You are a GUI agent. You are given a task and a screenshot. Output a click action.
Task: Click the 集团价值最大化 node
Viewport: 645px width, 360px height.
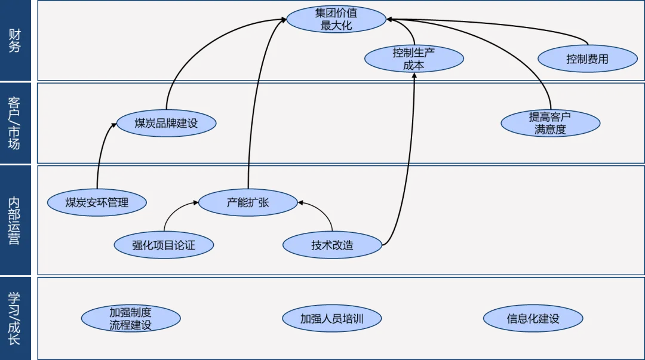[x=336, y=19]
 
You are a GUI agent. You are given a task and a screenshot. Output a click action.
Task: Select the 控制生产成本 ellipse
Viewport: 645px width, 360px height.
[x=414, y=59]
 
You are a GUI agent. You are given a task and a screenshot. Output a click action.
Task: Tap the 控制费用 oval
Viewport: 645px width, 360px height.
[x=587, y=59]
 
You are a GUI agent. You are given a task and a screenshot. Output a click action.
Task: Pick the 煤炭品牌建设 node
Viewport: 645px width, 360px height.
[x=166, y=124]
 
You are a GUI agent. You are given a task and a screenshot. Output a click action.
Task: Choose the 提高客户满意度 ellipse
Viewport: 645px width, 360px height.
[x=550, y=124]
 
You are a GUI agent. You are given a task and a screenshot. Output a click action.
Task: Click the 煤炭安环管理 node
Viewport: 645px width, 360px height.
[x=97, y=202]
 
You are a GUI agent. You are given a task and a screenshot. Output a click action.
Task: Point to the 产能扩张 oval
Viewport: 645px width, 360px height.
[x=248, y=202]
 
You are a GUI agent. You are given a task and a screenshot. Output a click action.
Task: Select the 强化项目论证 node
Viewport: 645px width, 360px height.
[x=164, y=244]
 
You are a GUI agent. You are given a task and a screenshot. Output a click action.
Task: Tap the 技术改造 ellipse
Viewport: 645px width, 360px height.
[x=332, y=245]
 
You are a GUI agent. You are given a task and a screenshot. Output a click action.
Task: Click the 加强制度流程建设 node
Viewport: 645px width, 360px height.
[x=130, y=319]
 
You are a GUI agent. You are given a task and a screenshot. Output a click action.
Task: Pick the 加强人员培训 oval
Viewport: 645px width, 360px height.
[x=331, y=319]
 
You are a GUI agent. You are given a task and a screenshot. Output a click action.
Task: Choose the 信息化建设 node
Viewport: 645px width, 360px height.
[x=533, y=319]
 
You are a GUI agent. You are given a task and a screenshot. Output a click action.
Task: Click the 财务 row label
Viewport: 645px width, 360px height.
[x=15, y=40]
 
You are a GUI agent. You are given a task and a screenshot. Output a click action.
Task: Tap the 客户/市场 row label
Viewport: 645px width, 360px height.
[x=15, y=122]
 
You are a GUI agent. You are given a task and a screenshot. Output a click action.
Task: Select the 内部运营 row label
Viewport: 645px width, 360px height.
[x=15, y=219]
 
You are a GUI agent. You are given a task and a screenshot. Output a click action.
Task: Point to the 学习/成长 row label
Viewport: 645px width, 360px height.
[x=15, y=318]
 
